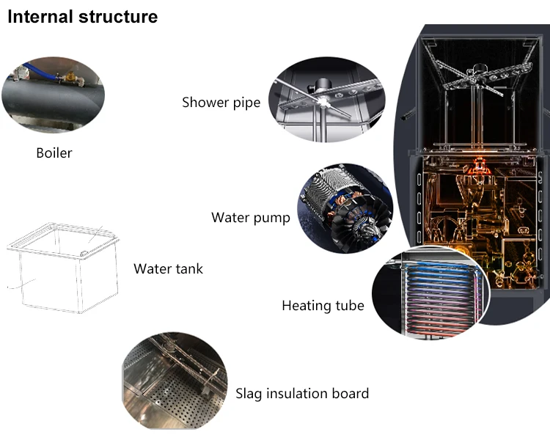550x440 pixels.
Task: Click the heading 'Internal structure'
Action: coord(82,17)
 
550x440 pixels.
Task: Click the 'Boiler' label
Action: coord(54,153)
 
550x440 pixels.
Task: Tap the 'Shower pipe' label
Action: coord(221,103)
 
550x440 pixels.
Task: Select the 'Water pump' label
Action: coord(250,218)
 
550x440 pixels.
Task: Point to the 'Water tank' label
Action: coord(168,269)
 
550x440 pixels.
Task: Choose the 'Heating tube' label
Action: coord(323,306)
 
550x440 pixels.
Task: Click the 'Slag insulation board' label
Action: coord(302,394)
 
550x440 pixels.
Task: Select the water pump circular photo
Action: coord(345,208)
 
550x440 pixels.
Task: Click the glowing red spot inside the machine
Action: coord(480,163)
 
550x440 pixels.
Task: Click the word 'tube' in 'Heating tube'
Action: coord(349,306)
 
